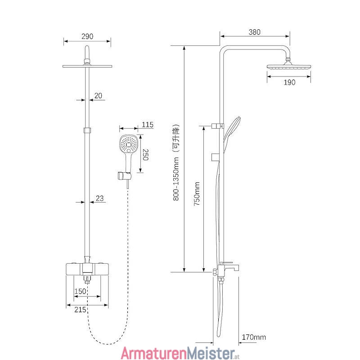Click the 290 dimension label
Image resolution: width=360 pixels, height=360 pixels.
coord(87,36)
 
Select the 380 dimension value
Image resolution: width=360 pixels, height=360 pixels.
coord(254,32)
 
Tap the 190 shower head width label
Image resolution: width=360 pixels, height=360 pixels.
coord(289,82)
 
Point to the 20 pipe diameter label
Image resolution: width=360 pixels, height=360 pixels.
coord(98,95)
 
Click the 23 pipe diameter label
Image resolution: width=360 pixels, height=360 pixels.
coord(99,198)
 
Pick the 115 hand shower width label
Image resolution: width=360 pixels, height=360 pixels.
coord(148,125)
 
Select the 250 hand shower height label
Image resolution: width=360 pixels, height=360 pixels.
coord(146,155)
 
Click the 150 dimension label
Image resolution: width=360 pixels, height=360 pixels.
coord(80,291)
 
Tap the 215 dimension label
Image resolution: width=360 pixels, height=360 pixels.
coord(80,310)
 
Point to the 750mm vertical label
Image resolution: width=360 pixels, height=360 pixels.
coord(197,193)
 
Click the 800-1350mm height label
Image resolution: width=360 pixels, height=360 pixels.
coord(176,179)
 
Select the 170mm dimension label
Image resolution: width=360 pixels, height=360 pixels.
coord(254,337)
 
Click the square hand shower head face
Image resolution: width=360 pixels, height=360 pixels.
coord(129,144)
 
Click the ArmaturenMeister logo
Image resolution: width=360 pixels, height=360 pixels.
coord(180,353)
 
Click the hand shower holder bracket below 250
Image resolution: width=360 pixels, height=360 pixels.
coord(125,175)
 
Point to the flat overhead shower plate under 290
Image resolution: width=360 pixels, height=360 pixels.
coord(87,66)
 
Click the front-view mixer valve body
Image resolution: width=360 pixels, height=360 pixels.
coord(87,269)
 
